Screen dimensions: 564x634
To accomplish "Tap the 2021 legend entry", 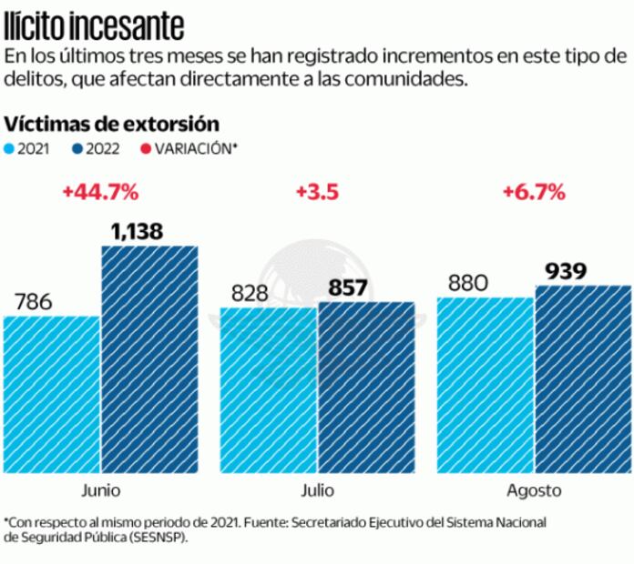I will click(27, 149).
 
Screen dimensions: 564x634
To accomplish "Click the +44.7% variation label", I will click(100, 193).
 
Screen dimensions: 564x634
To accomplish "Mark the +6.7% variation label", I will click(534, 193).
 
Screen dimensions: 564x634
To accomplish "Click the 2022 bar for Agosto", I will click(583, 378).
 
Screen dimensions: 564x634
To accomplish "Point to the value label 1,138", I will click(137, 231).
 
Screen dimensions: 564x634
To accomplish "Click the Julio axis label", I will click(317, 490).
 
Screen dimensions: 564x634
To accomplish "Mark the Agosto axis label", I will click(534, 491).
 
